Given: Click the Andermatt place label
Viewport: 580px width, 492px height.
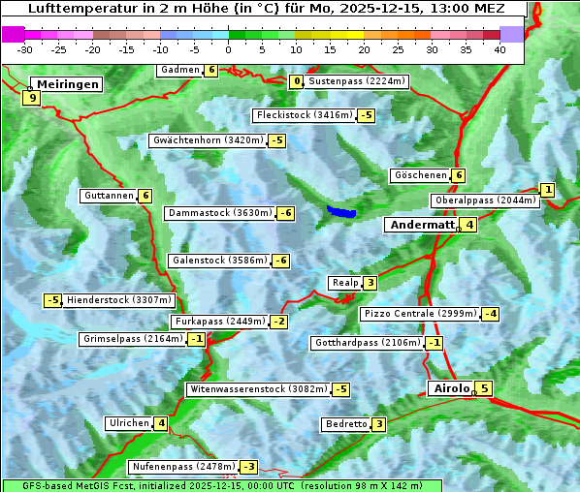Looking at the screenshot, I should (422, 225).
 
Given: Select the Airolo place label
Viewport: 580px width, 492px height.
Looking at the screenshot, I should (450, 388).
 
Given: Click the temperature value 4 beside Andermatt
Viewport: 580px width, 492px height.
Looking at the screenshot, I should (469, 225).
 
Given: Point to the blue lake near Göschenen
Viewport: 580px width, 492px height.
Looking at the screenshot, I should (341, 211).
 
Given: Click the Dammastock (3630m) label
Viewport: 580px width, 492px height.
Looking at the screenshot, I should (219, 213).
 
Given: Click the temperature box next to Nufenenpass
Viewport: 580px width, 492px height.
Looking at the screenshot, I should (249, 467).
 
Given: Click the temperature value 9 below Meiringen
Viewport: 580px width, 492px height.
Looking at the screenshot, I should (32, 98).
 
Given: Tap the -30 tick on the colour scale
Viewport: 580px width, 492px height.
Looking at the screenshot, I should (25, 49).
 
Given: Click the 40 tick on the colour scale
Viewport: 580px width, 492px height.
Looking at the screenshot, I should (499, 49).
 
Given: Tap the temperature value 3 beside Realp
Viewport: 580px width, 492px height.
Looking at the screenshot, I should (371, 283).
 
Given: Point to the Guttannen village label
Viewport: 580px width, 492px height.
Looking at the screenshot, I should (109, 196).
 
